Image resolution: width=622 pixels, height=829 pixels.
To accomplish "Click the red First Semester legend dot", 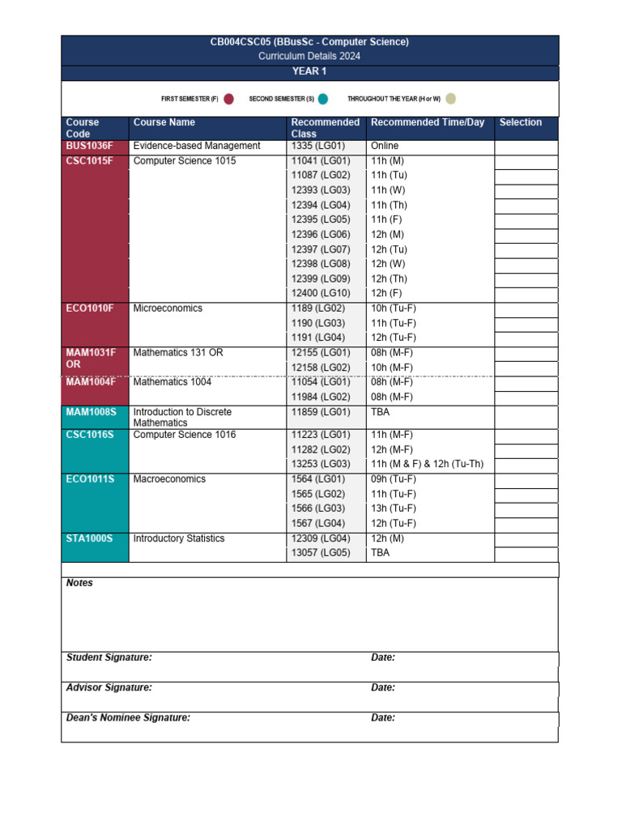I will click(x=228, y=99).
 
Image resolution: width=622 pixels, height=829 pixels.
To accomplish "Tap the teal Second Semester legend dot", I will click(x=323, y=99).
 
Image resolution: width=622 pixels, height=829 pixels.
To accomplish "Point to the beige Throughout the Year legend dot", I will click(x=450, y=99).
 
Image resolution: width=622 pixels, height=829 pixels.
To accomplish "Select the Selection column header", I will click(x=520, y=123).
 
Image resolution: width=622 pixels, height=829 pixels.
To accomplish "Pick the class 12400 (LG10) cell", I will click(x=321, y=293).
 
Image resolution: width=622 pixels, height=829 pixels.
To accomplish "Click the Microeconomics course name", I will click(x=168, y=308).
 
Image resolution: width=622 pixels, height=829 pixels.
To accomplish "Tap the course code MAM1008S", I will click(x=92, y=412).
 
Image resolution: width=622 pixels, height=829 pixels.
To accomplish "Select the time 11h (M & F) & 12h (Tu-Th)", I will click(x=427, y=464).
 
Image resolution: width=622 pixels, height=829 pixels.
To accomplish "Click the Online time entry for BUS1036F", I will click(x=385, y=146).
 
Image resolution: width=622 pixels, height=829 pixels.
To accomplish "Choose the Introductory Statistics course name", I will click(x=178, y=538).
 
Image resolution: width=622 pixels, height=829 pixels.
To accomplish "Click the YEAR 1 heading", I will click(x=309, y=72).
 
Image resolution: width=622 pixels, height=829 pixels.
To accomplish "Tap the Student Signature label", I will click(x=109, y=657).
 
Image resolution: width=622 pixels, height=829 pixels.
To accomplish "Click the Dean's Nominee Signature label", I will click(x=128, y=717).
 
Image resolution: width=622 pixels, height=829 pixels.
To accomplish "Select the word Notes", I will click(x=79, y=583).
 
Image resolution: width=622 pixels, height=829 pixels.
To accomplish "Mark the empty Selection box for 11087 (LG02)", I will click(x=526, y=176).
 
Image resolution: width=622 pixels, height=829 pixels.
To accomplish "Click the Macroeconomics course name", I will click(x=169, y=479).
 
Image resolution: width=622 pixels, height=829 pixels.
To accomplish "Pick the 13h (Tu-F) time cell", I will click(x=394, y=508).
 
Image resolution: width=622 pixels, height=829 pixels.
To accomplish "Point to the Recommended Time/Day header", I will click(x=428, y=123).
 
